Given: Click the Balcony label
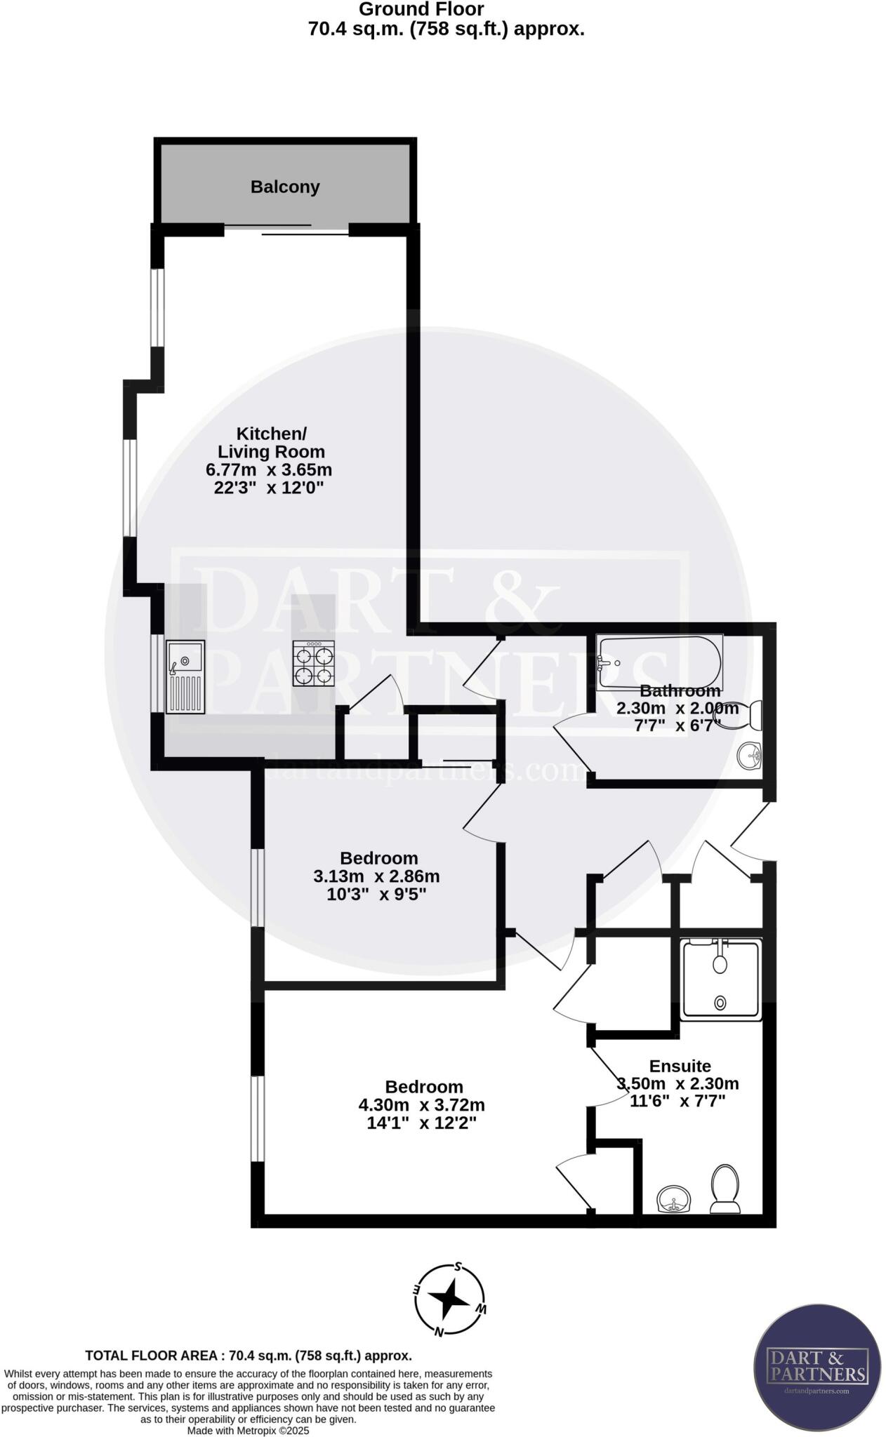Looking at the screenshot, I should [x=285, y=187].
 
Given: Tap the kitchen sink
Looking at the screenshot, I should [x=185, y=677].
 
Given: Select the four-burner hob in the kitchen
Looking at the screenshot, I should [x=314, y=664].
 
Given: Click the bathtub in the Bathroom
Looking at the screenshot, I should [x=659, y=662].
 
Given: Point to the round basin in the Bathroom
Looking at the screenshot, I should [x=750, y=756].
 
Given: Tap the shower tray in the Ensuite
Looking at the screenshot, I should [x=720, y=980].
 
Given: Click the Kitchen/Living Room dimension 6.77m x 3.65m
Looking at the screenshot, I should [x=272, y=469].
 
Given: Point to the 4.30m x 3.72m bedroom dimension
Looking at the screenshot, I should [x=422, y=1105].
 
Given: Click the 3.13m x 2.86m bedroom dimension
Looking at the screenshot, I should [x=377, y=876].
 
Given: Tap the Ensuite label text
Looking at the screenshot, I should [x=680, y=1066].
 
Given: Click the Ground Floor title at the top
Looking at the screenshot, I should [x=421, y=9].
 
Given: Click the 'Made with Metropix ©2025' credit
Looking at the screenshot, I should [x=248, y=1430].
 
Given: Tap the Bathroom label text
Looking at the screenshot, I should [x=679, y=690].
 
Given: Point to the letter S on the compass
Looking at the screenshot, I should [x=458, y=1267].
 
